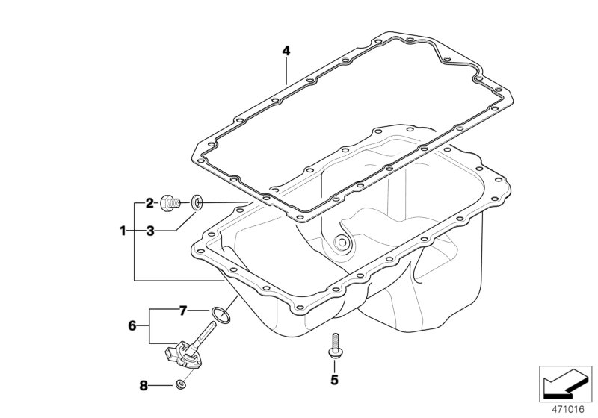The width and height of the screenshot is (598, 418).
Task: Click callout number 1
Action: coord(123,231)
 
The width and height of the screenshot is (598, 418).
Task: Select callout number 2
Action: coord(149,202)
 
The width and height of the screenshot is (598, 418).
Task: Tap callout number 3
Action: coord(149,231)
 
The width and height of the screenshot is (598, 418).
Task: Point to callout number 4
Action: coord(286,51)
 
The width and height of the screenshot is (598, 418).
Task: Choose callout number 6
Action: coord(132,325)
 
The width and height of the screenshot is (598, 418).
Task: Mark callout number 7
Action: coord(182,309)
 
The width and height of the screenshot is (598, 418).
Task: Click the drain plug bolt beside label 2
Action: coord(173,202)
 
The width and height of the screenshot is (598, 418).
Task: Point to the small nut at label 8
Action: coord(180,385)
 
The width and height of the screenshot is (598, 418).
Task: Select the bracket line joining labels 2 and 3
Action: coord(135,216)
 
